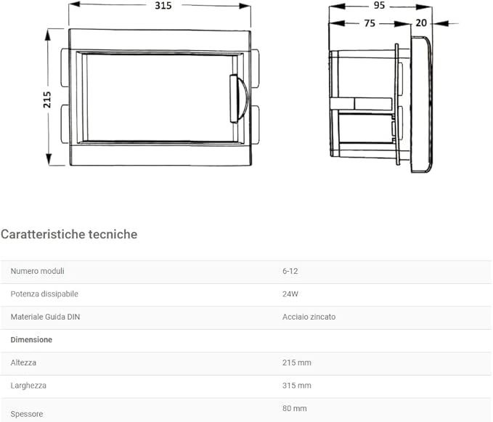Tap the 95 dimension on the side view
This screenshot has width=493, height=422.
[380, 5]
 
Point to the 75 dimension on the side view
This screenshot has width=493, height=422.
[369, 23]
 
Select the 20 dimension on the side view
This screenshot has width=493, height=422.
[421, 23]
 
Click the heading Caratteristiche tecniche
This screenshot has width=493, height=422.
[69, 234]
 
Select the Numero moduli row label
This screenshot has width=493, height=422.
[38, 271]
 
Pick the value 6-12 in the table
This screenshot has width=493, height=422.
[290, 271]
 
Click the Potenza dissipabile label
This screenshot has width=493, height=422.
[44, 294]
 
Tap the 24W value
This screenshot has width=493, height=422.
[290, 294]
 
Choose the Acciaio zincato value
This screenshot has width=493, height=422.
[309, 317]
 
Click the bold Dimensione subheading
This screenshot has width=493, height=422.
[31, 339]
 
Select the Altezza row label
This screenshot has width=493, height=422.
[23, 362]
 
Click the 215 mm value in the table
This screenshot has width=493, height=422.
[297, 362]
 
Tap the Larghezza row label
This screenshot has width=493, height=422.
[28, 385]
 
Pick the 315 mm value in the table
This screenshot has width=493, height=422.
[297, 385]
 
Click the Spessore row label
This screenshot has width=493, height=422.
[27, 414]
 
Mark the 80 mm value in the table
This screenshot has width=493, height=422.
[295, 408]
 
